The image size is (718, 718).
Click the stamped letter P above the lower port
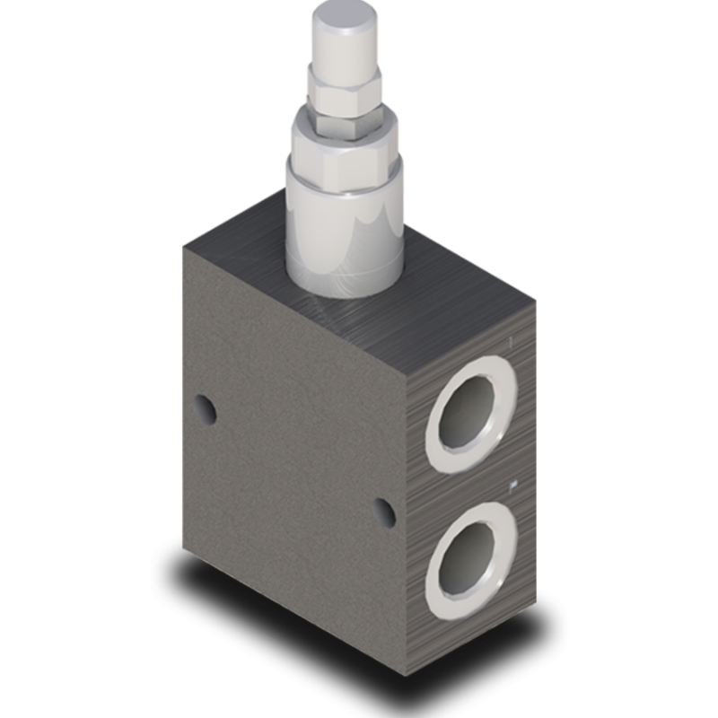512,486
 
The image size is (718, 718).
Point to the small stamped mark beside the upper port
508,343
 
